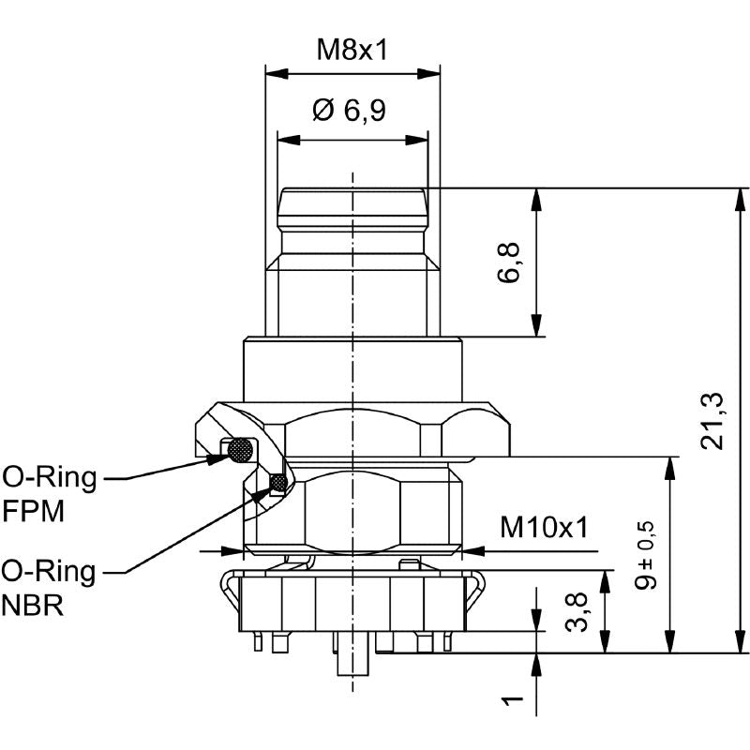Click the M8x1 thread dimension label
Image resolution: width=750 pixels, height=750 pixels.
(352, 50)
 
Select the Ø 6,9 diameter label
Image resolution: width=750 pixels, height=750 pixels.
(349, 111)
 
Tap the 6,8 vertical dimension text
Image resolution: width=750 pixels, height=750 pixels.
(508, 262)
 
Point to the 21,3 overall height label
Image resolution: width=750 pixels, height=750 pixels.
(712, 421)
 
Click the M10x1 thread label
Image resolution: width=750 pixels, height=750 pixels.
(544, 527)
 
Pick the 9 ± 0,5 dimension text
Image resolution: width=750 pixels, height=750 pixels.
(645, 555)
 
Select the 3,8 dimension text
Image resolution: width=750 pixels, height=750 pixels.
(576, 612)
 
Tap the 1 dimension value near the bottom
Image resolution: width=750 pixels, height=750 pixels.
(512, 700)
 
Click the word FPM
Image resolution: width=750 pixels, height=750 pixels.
(34, 511)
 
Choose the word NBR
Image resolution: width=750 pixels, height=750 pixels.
(33, 606)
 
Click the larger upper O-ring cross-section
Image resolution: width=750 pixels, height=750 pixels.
(240, 450)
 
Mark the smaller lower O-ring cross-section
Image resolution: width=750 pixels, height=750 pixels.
(278, 482)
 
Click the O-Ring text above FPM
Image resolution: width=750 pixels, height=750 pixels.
(50, 478)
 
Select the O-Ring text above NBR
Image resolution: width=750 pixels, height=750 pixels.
(49, 572)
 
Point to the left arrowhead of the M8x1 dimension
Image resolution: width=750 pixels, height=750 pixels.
(277, 74)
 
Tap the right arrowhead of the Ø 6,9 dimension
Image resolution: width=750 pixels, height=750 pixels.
(416, 140)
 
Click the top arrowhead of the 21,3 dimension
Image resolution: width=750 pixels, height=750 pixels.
(742, 199)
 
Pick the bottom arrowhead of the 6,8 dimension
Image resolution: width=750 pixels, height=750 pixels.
(536, 325)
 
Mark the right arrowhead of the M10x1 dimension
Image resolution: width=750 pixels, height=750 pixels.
(472, 551)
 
